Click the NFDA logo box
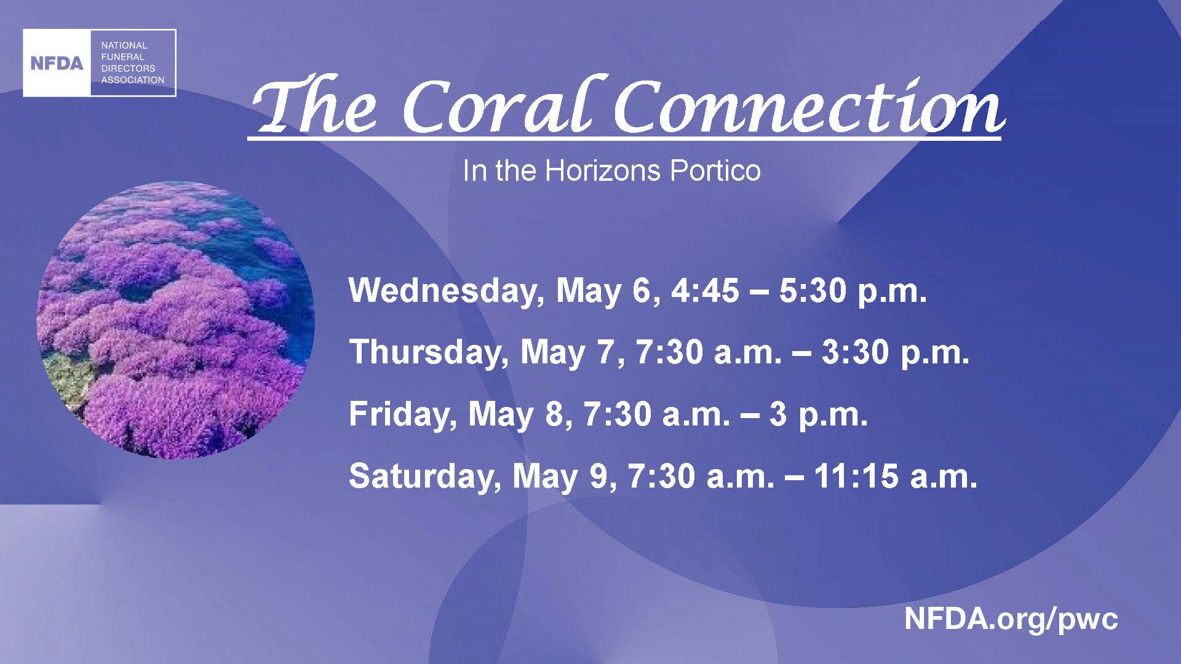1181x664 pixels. click(x=100, y=63)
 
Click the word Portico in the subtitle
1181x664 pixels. click(x=715, y=171)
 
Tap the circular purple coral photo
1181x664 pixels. click(x=176, y=320)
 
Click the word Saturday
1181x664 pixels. click(x=423, y=476)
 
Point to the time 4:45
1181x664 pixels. click(x=705, y=291)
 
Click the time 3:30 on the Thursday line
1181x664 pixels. click(x=855, y=353)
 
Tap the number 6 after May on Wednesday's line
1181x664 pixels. click(x=641, y=291)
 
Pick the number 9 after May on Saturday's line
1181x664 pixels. click(x=600, y=476)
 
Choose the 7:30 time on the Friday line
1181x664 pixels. click(x=618, y=414)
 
